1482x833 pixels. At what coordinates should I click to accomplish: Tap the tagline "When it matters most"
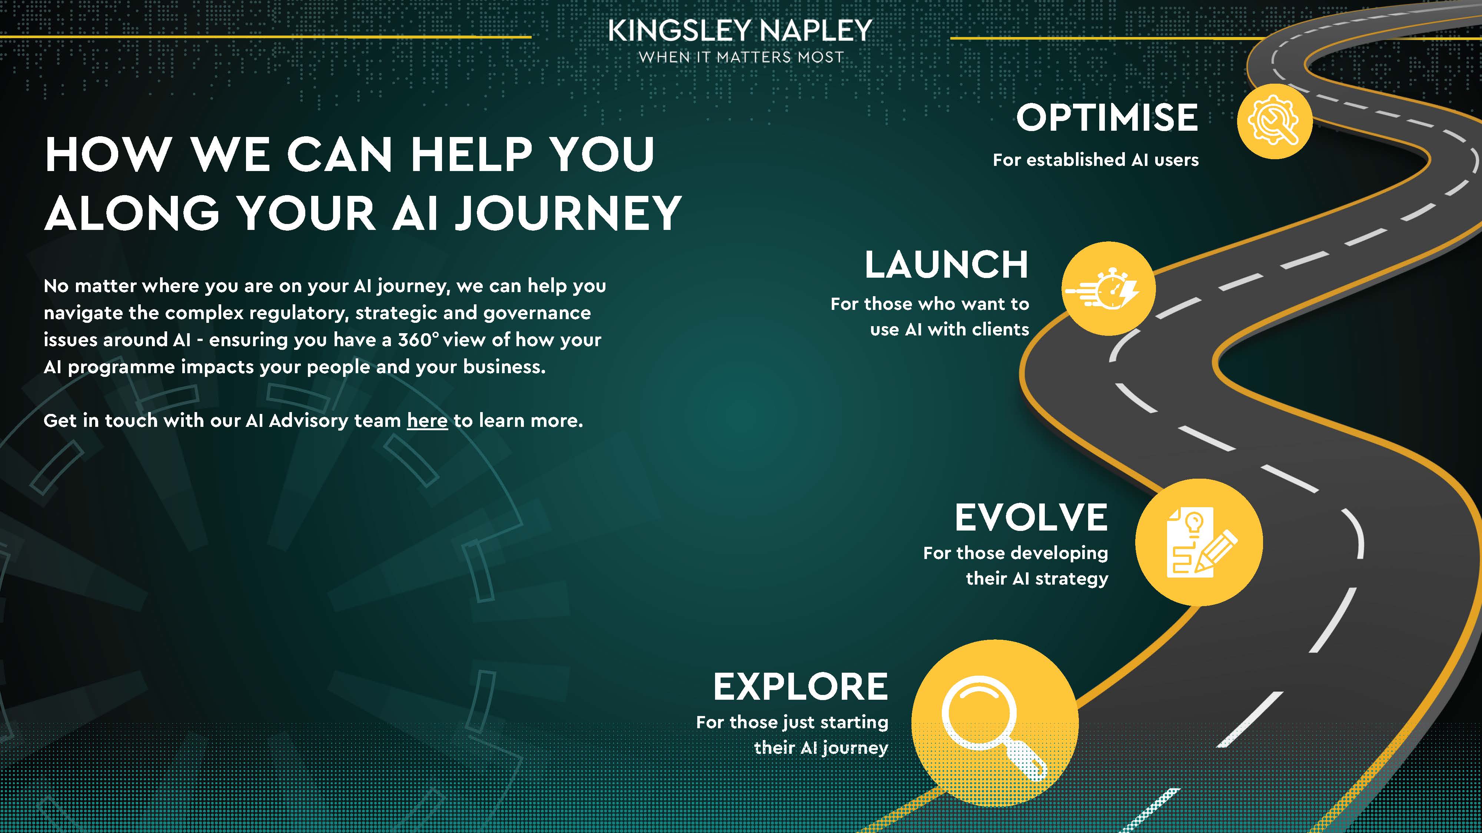click(x=741, y=57)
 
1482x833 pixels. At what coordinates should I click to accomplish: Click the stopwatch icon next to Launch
click(x=1108, y=289)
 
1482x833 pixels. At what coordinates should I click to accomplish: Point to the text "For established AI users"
click(x=1096, y=160)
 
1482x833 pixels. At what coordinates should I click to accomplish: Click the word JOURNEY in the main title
click(x=568, y=213)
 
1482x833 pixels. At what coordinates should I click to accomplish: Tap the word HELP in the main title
click(x=471, y=154)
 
